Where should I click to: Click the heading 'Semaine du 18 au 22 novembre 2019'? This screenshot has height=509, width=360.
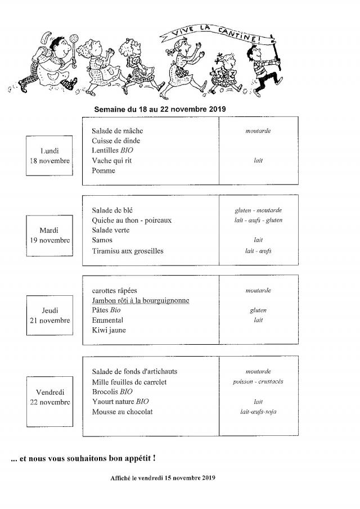(160, 109)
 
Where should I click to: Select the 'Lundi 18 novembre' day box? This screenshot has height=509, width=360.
(49, 156)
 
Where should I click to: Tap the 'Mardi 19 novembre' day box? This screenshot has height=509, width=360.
(49, 235)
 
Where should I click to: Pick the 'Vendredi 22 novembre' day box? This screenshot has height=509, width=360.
(49, 397)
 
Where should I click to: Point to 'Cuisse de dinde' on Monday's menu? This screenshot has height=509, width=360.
(116, 141)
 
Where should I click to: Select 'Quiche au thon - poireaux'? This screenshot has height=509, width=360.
(132, 220)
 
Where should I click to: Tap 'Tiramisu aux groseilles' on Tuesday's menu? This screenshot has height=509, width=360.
(128, 251)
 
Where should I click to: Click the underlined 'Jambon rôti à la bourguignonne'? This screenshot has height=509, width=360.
(141, 301)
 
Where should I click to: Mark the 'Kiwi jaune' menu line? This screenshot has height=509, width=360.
(109, 331)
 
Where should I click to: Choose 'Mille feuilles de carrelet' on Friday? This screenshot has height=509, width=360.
(129, 382)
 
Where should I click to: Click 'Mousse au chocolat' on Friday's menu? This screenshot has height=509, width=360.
(122, 412)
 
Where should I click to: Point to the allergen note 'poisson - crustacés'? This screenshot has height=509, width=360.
(258, 382)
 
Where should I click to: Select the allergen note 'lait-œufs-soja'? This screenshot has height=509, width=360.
(258, 412)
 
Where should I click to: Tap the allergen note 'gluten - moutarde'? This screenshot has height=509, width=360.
(258, 210)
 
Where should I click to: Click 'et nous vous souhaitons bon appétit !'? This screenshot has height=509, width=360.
(83, 459)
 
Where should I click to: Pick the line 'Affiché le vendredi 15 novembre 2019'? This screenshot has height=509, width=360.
(163, 478)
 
